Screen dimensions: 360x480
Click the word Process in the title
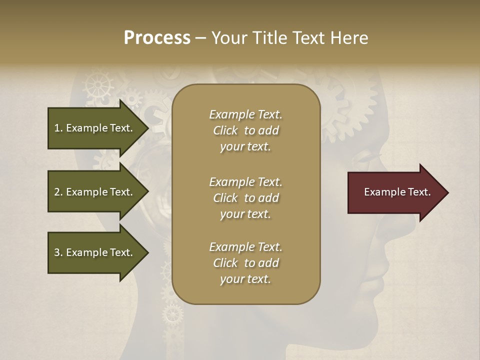[157, 38]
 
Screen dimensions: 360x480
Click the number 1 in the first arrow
[57, 128]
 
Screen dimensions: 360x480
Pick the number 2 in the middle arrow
[57, 192]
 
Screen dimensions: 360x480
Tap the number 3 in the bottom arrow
[57, 252]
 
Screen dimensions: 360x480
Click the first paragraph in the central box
[245, 130]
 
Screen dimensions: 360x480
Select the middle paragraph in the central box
[245, 198]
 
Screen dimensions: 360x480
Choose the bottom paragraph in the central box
[245, 263]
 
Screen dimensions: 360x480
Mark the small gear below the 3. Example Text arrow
[173, 313]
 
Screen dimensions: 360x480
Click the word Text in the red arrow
[420, 192]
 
